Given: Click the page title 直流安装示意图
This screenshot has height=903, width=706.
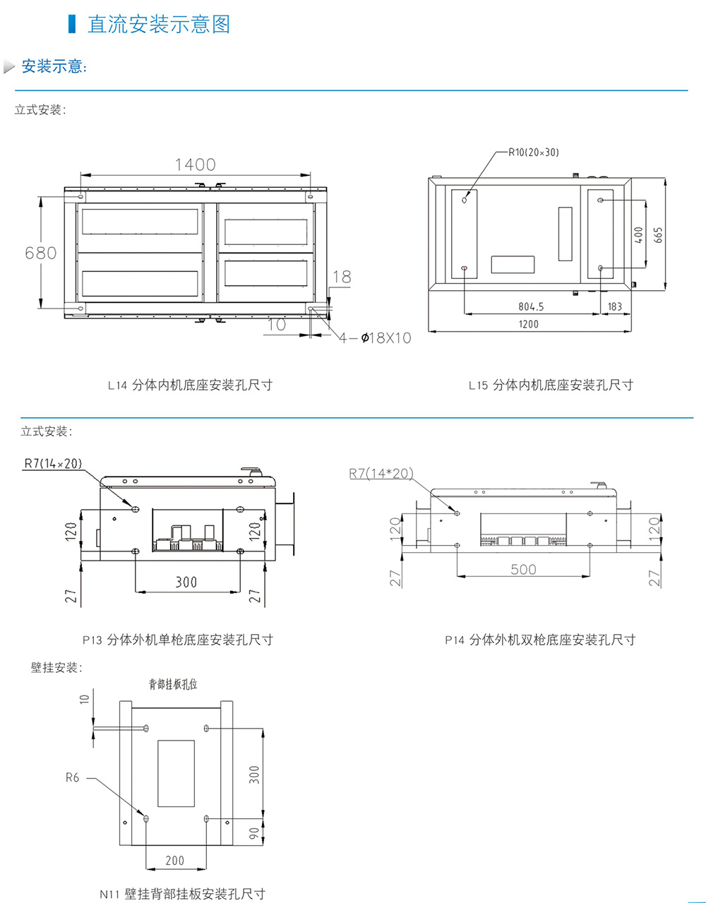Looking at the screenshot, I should pos(158,24).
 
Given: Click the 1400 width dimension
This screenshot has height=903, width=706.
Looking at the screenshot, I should pos(195,165).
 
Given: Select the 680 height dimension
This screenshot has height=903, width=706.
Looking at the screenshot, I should pos(41,252).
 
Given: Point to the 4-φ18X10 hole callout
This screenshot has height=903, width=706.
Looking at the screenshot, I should pos(375,338).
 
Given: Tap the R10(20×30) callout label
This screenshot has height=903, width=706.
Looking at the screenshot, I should pos(534,152).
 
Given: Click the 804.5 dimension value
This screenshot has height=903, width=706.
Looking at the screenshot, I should pos(531,306).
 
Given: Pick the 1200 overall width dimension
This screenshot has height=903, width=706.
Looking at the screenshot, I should pos(528,324).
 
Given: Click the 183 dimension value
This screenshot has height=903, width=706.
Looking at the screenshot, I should pos(614,306).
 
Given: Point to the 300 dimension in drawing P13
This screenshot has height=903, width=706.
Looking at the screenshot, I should pos(186,582).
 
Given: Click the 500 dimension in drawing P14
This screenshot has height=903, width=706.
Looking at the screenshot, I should pos(523,569).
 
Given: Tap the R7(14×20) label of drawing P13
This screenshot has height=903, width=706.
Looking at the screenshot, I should pos(53,463).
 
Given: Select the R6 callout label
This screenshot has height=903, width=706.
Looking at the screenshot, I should pos(73,777).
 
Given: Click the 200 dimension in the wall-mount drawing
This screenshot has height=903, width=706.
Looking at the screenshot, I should pos(174,860).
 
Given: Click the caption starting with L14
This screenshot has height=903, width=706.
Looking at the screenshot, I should pos(190,385).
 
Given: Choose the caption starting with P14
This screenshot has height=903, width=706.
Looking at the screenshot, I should pos(540,640).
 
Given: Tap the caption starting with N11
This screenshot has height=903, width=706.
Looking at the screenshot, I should pos(182,894).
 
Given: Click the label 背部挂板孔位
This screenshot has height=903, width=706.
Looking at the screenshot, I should pos(173,683).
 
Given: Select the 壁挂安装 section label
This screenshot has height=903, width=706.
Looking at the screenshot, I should pos(56,667).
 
